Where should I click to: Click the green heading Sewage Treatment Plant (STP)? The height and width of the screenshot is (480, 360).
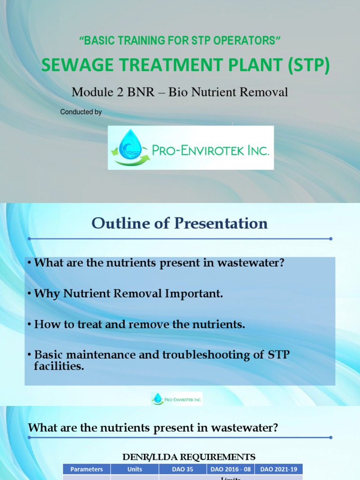pos(186,66)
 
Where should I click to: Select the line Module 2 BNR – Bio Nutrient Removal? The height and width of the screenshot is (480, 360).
pos(180,92)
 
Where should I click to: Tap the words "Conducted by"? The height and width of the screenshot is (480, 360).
pos(81,112)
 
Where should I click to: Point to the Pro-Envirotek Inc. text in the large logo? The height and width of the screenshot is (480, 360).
pos(210,150)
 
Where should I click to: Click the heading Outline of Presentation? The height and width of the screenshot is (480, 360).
pos(180,224)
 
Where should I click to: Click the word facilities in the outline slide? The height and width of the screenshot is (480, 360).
pos(59,366)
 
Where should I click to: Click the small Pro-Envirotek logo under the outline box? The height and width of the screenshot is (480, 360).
pos(177,399)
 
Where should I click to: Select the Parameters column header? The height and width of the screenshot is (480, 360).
pos(87,469)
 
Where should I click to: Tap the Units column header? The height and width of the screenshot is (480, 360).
pos(135,469)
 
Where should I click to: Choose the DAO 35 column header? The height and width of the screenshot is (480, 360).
pos(183,469)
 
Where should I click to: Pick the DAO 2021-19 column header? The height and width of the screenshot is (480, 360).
pos(279,469)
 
